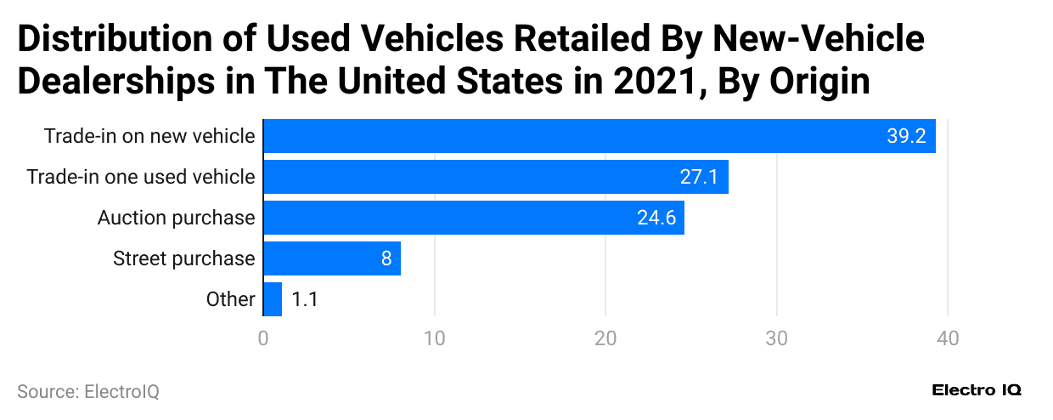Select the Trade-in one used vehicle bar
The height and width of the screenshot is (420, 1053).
pos(496,177)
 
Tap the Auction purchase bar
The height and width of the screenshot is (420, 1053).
pos(474,218)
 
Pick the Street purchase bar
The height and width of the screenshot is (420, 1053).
pos(332,258)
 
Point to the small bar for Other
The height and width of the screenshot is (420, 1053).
pos(273,299)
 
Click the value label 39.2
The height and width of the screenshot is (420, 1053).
pos(906,136)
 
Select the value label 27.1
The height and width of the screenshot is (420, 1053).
pos(699,177)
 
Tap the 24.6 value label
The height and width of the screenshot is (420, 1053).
pos(656,218)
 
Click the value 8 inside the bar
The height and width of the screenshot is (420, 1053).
pos(386,258)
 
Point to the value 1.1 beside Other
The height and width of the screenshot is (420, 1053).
pos(305,299)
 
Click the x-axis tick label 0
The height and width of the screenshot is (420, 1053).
pos(263,338)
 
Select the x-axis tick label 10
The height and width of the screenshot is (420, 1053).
pos(435,338)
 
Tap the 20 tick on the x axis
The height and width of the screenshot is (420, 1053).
pos(605,338)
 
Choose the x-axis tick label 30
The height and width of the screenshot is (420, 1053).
pos(777,338)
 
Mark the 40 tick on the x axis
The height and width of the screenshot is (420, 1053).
pos(948,338)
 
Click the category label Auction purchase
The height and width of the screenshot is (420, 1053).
pos(176,218)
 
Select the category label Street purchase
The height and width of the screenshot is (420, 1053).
pos(183,258)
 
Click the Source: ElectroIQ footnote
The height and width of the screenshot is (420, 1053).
pos(88,391)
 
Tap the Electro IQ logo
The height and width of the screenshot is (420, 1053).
pos(977,390)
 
